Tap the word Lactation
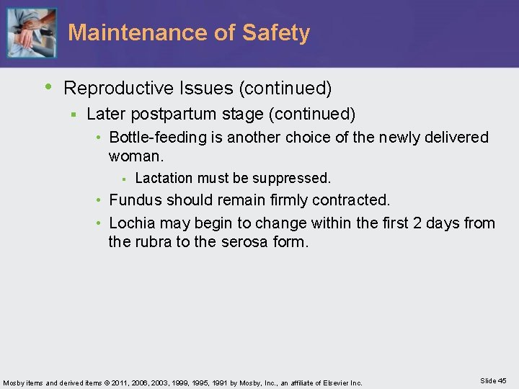point(165,178)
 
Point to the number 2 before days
point(418,223)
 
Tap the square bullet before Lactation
point(124,178)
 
